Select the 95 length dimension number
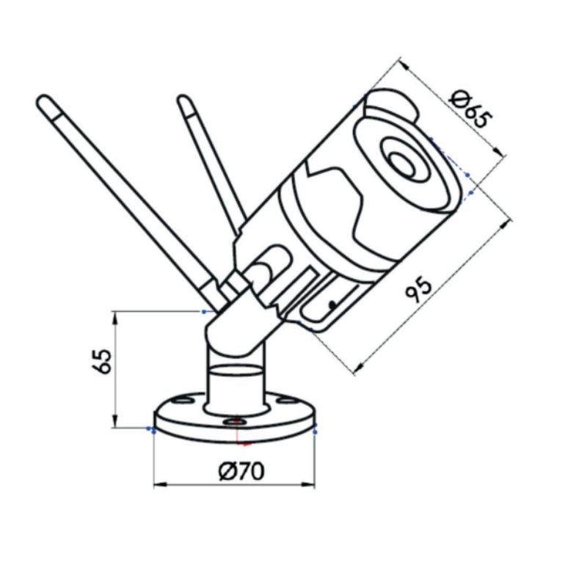425,288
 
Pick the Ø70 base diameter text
241,471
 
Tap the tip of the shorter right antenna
183,101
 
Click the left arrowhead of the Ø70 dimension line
156,484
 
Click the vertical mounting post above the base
234,385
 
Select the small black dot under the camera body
332,302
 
